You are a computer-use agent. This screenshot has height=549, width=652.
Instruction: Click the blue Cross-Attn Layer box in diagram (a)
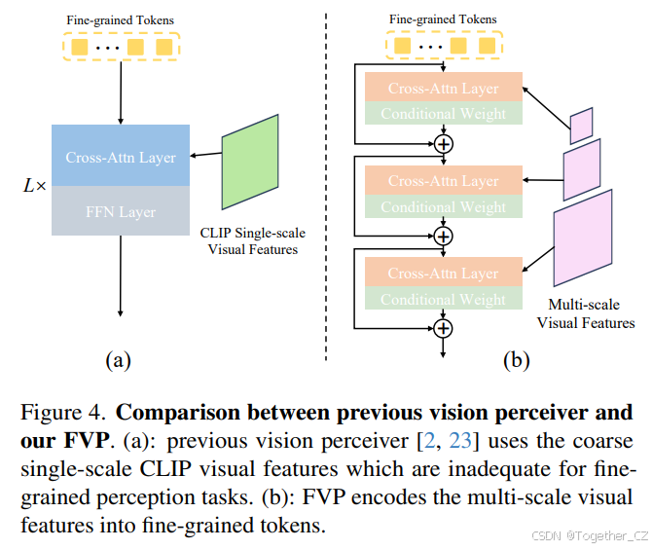pos(120,157)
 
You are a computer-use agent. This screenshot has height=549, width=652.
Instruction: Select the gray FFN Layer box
pos(120,211)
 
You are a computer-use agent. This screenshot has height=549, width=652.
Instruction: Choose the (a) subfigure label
pos(118,360)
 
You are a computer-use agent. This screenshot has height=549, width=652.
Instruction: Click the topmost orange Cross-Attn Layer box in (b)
pos(443,89)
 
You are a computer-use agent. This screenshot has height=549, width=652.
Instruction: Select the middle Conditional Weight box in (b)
pos(443,206)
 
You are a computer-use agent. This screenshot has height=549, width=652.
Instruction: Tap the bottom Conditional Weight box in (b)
pos(443,299)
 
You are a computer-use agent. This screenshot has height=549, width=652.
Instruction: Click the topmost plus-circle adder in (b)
pos(444,144)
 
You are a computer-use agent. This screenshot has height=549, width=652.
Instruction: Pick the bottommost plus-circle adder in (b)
pos(444,328)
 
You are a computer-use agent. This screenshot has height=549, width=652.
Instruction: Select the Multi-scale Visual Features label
pos(586,313)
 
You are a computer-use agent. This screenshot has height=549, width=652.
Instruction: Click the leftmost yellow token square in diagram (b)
pos(402,45)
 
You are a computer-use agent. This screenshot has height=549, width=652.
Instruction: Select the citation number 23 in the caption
pos(461,441)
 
